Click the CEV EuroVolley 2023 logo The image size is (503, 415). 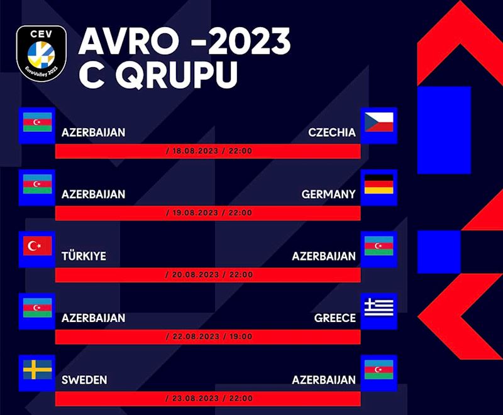[41, 53]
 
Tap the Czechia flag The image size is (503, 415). [379, 122]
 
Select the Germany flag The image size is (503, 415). [379, 184]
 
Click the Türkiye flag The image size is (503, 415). [38, 245]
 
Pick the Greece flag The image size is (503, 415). [379, 308]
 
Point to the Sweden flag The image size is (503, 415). [38, 370]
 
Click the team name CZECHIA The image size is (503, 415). [332, 132]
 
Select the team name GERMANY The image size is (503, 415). [328, 194]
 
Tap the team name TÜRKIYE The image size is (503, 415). [84, 256]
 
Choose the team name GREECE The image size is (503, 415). [335, 318]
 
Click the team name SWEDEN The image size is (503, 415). [84, 380]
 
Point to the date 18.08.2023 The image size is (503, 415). [195, 151]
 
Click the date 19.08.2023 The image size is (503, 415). [195, 213]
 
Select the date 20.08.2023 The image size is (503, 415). [195, 275]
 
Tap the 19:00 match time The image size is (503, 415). [241, 337]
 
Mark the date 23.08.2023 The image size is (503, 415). [195, 399]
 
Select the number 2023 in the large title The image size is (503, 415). [249, 41]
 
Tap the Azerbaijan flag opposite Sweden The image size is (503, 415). [379, 370]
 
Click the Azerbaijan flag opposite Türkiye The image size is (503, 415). [379, 245]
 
